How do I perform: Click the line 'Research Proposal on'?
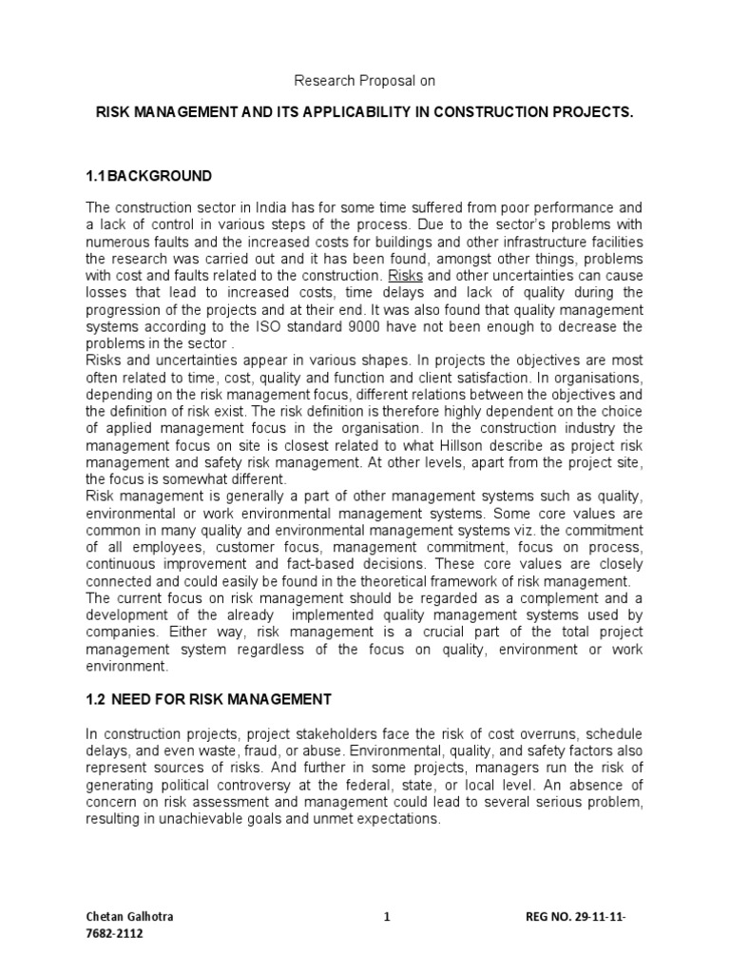(x=364, y=82)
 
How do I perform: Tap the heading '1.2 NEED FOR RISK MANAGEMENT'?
(x=208, y=700)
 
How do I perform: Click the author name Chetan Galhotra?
(x=129, y=918)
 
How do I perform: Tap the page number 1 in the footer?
(x=387, y=918)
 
